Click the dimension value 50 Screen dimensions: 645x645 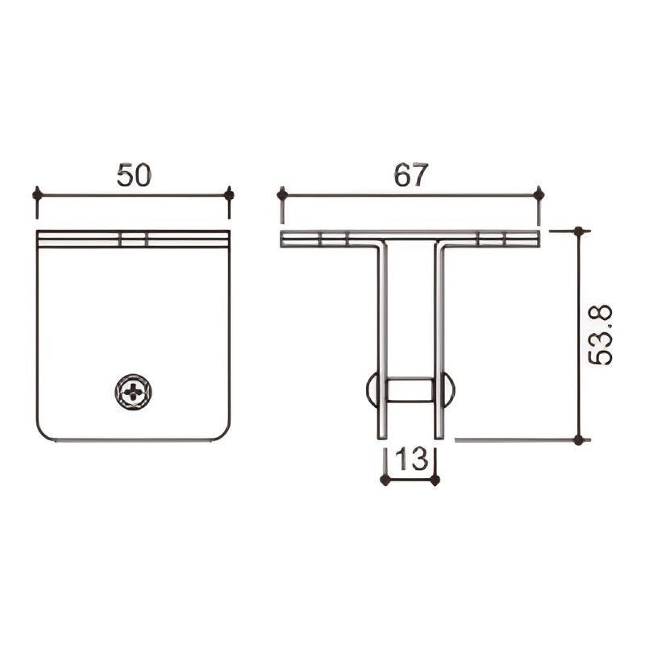(x=134, y=175)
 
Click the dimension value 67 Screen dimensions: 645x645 (x=410, y=175)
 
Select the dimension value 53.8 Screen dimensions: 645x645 (x=601, y=335)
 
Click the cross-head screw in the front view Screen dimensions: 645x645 (x=133, y=392)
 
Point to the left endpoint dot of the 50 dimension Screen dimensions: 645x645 (x=37, y=194)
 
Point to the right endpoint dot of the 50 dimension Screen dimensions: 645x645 (x=229, y=194)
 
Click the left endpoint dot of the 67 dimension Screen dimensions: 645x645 (x=282, y=194)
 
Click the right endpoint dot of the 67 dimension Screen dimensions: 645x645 (x=539, y=194)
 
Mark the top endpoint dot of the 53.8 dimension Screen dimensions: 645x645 (x=578, y=231)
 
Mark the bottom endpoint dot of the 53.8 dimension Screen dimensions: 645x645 (x=578, y=440)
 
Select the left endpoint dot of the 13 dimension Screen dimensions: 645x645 (x=385, y=481)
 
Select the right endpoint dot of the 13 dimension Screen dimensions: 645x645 (x=435, y=481)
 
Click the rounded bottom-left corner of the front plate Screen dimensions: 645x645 (x=45, y=433)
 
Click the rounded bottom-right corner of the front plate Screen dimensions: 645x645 (x=222, y=433)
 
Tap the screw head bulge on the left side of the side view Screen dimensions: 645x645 (x=372, y=391)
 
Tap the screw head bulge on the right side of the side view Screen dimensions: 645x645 (x=449, y=391)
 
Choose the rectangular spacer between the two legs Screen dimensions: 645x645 (x=410, y=391)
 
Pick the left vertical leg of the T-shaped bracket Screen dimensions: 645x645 (x=382, y=339)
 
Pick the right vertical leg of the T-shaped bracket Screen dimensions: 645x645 (x=439, y=339)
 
